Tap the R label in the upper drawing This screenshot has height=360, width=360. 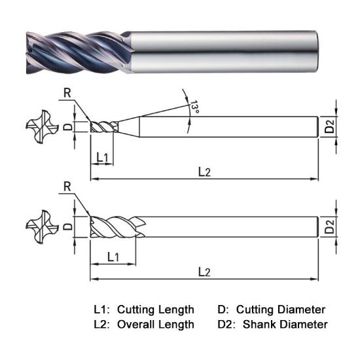point(67,93)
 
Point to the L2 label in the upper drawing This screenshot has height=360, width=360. point(205,171)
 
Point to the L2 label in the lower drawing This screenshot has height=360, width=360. point(205,271)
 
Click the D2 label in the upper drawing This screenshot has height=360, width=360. point(330,127)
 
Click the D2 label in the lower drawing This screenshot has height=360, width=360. point(330,228)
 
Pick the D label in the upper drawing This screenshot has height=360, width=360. point(73,126)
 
